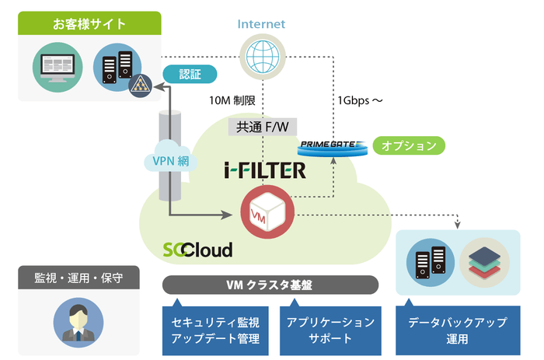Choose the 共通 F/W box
coord(263,127)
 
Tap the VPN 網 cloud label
coord(169,161)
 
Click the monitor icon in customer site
coord(58,68)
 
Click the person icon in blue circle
coord(78,321)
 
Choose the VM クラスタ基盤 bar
coord(270,285)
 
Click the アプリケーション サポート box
coord(330,330)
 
